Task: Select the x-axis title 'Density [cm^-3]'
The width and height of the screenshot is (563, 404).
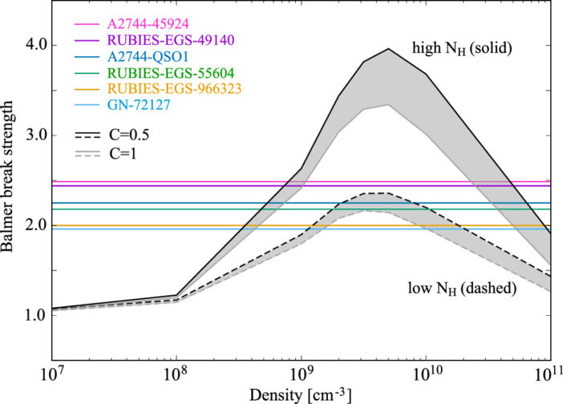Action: (300, 395)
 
